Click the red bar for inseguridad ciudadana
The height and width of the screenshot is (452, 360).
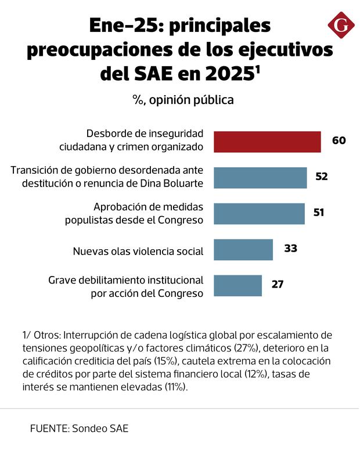pyautogui.click(x=267, y=142)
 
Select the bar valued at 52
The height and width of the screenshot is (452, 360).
pyautogui.click(x=260, y=177)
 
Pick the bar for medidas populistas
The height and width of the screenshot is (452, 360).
pyautogui.click(x=259, y=213)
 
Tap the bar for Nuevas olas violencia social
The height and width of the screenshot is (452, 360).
pyautogui.click(x=243, y=249)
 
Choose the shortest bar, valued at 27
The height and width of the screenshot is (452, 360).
pyautogui.click(x=237, y=285)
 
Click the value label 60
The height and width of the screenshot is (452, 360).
pyautogui.click(x=339, y=141)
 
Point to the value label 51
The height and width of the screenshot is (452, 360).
pyautogui.click(x=319, y=213)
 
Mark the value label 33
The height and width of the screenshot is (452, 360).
pyautogui.click(x=291, y=249)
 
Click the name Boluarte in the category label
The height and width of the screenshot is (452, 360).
pyautogui.click(x=183, y=184)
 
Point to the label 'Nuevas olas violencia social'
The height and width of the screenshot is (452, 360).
pyautogui.click(x=138, y=252)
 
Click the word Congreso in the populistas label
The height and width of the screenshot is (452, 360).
pyautogui.click(x=182, y=220)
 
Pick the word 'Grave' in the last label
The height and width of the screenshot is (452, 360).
pyautogui.click(x=62, y=280)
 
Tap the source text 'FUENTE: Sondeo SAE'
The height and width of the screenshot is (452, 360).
pyautogui.click(x=79, y=429)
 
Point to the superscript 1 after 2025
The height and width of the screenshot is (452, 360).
pyautogui.click(x=258, y=69)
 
